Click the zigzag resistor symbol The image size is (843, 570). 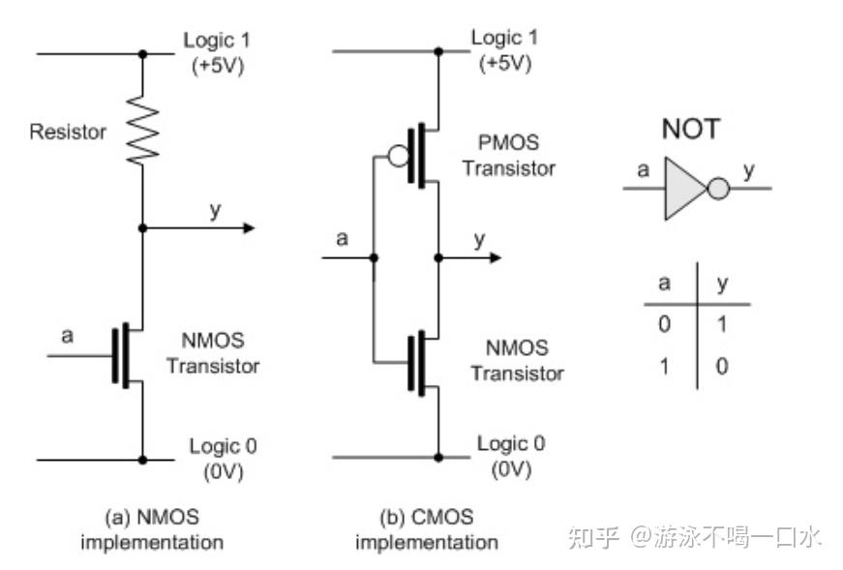coord(143,131)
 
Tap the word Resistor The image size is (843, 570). coord(68,132)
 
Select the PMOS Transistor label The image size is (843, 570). coord(508,156)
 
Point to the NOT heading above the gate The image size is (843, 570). coord(690,129)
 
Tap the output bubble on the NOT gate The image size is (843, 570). coord(718,188)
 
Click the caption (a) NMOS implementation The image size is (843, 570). coord(152,529)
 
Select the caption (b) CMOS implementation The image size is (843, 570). coord(426,529)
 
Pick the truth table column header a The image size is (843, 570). coord(664,284)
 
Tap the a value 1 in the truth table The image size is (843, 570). coord(664,367)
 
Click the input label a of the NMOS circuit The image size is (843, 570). coord(67,336)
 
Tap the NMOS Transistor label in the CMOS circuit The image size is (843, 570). coord(517,360)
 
